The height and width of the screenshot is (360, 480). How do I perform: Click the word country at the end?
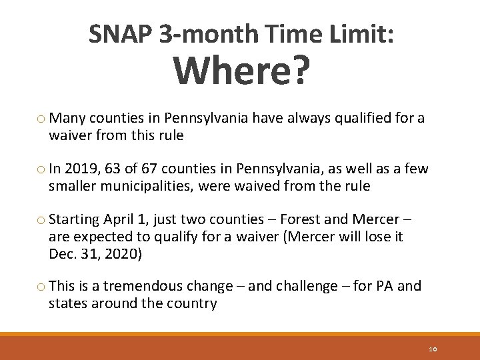tap(195, 303)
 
